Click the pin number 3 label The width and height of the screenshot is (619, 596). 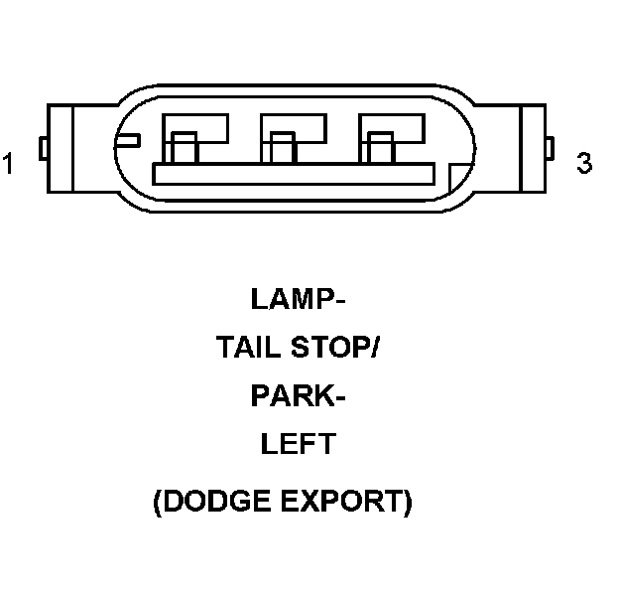coord(584,163)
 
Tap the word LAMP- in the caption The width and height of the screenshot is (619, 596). coord(299,298)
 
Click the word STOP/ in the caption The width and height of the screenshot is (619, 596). coord(338,348)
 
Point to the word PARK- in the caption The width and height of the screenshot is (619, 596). coord(298,396)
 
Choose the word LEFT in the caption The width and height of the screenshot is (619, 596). coord(298,444)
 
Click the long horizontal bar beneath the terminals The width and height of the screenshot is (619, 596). coord(298,174)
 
